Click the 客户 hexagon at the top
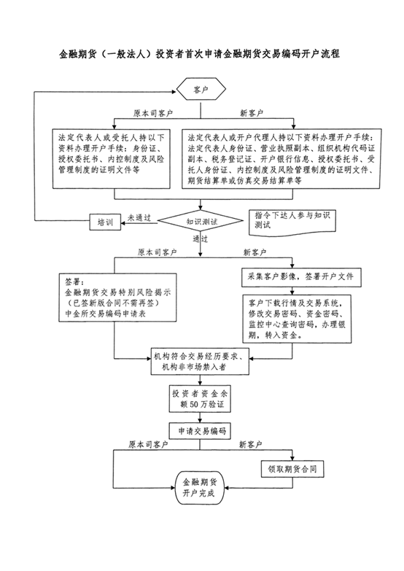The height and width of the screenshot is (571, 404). (201, 89)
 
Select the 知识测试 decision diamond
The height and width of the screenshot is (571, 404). (201, 221)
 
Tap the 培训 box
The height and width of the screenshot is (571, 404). (105, 222)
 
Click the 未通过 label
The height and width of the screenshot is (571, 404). (139, 218)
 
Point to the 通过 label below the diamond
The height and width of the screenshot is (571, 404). (201, 239)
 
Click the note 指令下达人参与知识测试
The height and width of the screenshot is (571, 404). (292, 222)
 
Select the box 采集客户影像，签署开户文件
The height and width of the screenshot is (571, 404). (302, 278)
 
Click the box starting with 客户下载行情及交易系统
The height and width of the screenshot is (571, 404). (297, 319)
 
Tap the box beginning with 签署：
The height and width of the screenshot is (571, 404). (117, 298)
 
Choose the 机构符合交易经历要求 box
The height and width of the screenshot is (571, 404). (200, 361)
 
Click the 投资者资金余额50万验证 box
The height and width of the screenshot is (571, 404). (200, 399)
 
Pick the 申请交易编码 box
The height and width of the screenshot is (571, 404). (200, 431)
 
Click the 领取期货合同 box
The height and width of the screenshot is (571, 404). (292, 469)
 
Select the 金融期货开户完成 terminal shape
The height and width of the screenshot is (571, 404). (201, 488)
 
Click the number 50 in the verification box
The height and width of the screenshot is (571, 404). (194, 404)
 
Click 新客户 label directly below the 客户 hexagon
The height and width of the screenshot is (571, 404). (252, 113)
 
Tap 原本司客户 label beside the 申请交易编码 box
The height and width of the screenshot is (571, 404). (148, 444)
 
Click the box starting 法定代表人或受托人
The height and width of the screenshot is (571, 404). (112, 159)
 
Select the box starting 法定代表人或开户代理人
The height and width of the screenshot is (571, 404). (281, 159)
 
